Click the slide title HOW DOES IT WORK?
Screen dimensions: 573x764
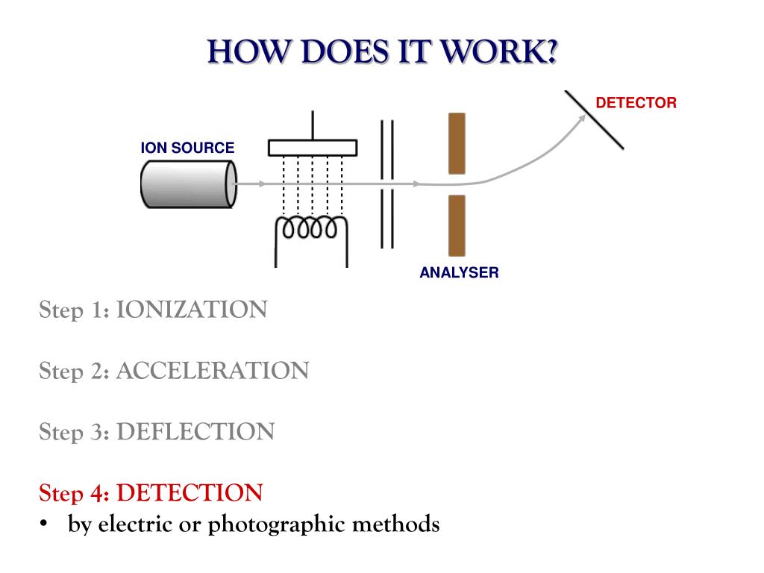click(x=382, y=52)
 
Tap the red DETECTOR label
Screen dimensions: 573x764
click(x=636, y=103)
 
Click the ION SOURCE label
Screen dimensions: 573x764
click(x=187, y=148)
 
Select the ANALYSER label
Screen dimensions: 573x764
click(x=459, y=272)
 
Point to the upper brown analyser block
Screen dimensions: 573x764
click(x=457, y=143)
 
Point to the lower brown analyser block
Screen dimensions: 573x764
click(x=457, y=225)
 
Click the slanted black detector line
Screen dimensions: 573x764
click(x=595, y=120)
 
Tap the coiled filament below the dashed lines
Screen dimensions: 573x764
click(x=311, y=228)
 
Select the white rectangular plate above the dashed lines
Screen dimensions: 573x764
click(x=313, y=148)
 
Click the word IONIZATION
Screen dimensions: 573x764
click(x=192, y=310)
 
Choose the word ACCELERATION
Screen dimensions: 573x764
click(x=213, y=371)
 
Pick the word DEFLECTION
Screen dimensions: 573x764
click(x=195, y=432)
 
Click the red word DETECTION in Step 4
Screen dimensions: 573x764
click(x=190, y=492)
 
